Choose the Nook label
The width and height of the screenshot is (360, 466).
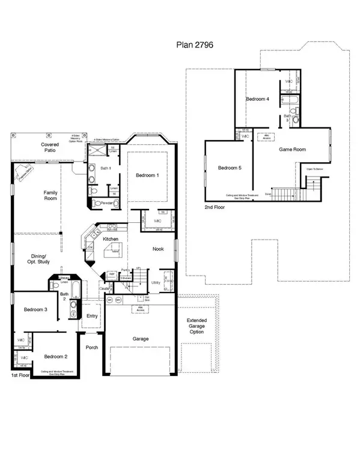click(158, 249)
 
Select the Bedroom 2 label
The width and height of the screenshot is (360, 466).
click(58, 357)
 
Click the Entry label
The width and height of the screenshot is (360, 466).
click(92, 316)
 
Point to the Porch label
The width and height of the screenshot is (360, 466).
click(92, 347)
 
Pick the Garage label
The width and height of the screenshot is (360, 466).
click(141, 339)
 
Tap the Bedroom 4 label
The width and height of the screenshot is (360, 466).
click(257, 98)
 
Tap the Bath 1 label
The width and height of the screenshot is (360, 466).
click(106, 169)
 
